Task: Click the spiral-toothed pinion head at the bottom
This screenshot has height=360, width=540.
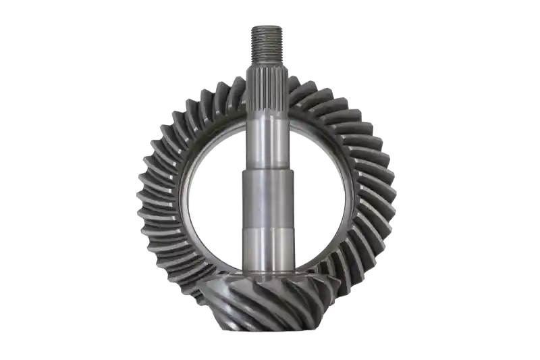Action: pyautogui.click(x=270, y=301)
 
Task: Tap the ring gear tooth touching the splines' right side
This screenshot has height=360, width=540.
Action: pyautogui.click(x=297, y=88)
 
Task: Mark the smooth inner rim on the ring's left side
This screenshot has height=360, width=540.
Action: pyautogui.click(x=185, y=203)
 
